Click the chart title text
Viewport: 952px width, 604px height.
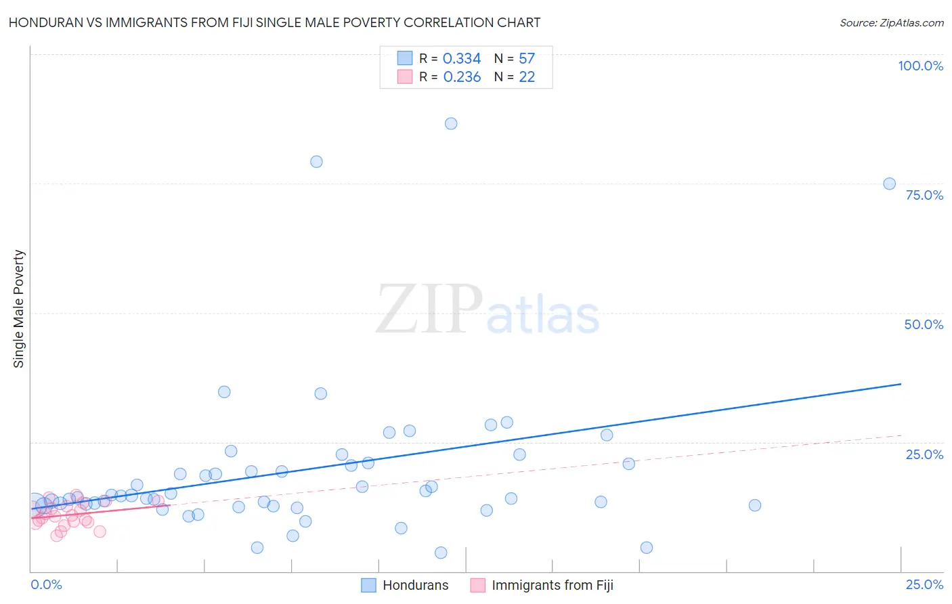click(274, 22)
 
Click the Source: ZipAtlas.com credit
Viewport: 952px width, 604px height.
click(891, 22)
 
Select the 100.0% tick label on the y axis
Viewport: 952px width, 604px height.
click(920, 66)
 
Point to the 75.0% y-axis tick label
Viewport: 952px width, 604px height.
click(924, 195)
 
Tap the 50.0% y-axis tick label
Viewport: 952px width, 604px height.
click(924, 324)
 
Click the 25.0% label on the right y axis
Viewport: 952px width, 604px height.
click(924, 454)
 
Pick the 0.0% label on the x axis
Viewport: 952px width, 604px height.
click(46, 584)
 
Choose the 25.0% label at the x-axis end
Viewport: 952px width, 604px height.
click(924, 584)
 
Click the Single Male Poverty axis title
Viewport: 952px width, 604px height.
click(19, 309)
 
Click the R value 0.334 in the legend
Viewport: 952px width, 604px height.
click(462, 59)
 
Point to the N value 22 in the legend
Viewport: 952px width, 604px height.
click(527, 77)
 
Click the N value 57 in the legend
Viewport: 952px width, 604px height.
click(527, 59)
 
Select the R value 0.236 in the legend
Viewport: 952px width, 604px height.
click(462, 77)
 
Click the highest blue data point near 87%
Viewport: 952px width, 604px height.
click(451, 123)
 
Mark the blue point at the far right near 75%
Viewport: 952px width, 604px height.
click(890, 184)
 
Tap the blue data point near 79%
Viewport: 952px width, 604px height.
click(316, 161)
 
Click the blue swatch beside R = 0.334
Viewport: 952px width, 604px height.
click(405, 58)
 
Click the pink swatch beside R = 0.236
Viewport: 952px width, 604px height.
click(405, 77)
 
